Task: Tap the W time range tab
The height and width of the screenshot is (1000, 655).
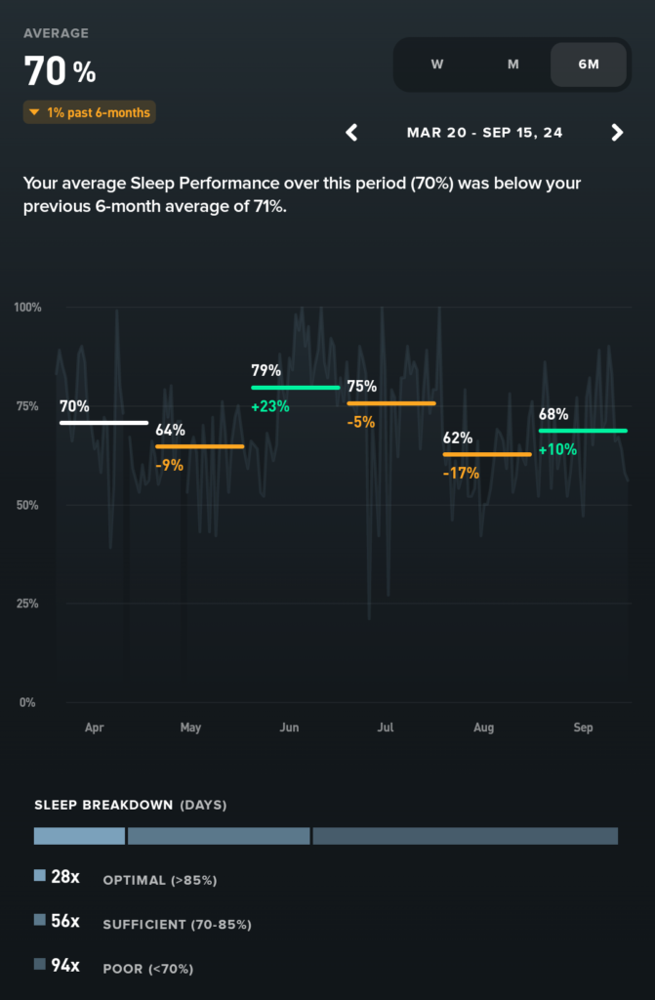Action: click(437, 64)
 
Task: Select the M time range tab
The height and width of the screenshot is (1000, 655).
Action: click(512, 64)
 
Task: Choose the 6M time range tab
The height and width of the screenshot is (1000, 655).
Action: click(589, 64)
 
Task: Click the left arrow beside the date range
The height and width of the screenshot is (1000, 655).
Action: click(352, 133)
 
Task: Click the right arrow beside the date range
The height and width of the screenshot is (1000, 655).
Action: click(617, 133)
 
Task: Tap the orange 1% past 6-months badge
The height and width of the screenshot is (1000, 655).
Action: click(90, 113)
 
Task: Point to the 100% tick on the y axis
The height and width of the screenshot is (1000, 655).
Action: click(27, 308)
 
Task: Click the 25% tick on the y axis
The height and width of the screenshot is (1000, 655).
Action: click(27, 604)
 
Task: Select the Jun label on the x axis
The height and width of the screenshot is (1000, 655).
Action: click(289, 728)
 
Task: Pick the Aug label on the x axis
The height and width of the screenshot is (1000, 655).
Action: click(483, 728)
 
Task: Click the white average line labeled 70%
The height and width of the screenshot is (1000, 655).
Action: click(103, 423)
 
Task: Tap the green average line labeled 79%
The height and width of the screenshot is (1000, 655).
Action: click(296, 388)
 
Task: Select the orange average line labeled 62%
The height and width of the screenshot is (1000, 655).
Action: click(487, 454)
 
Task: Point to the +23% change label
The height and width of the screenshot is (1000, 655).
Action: click(270, 406)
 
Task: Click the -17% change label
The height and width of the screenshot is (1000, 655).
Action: click(461, 473)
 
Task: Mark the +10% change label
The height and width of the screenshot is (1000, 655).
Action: click(557, 449)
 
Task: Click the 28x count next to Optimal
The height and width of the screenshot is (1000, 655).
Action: click(65, 878)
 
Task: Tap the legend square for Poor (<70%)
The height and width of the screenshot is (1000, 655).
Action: click(40, 965)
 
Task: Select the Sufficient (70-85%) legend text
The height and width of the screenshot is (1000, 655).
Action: click(177, 924)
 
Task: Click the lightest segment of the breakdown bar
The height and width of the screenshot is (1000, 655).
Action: click(79, 836)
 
